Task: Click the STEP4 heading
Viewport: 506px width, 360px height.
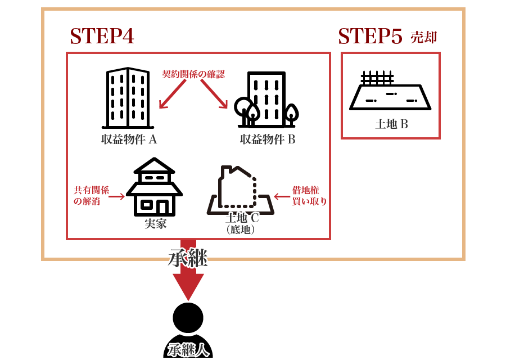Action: pos(102,37)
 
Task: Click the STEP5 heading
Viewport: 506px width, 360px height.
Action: pos(370,37)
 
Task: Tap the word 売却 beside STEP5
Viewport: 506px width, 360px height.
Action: pos(423,37)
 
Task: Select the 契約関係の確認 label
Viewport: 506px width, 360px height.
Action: pos(193,74)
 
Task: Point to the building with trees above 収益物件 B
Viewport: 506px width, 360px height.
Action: pos(266,100)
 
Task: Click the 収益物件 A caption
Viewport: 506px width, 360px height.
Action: pos(129,139)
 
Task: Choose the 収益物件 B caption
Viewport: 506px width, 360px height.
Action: pos(268,139)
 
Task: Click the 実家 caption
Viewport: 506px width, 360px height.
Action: pos(155,223)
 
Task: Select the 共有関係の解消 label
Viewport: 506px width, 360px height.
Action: pos(91,196)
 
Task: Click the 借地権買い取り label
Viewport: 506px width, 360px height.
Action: pos(309,196)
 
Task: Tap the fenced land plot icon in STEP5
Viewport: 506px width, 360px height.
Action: pos(390,92)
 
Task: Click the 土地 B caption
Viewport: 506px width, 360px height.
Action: pos(391,124)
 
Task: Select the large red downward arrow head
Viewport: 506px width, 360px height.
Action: pos(188,286)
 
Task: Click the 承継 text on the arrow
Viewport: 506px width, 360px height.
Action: pos(188,258)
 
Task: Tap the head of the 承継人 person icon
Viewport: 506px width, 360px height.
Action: pos(188,317)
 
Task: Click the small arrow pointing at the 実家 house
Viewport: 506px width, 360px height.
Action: pos(116,196)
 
